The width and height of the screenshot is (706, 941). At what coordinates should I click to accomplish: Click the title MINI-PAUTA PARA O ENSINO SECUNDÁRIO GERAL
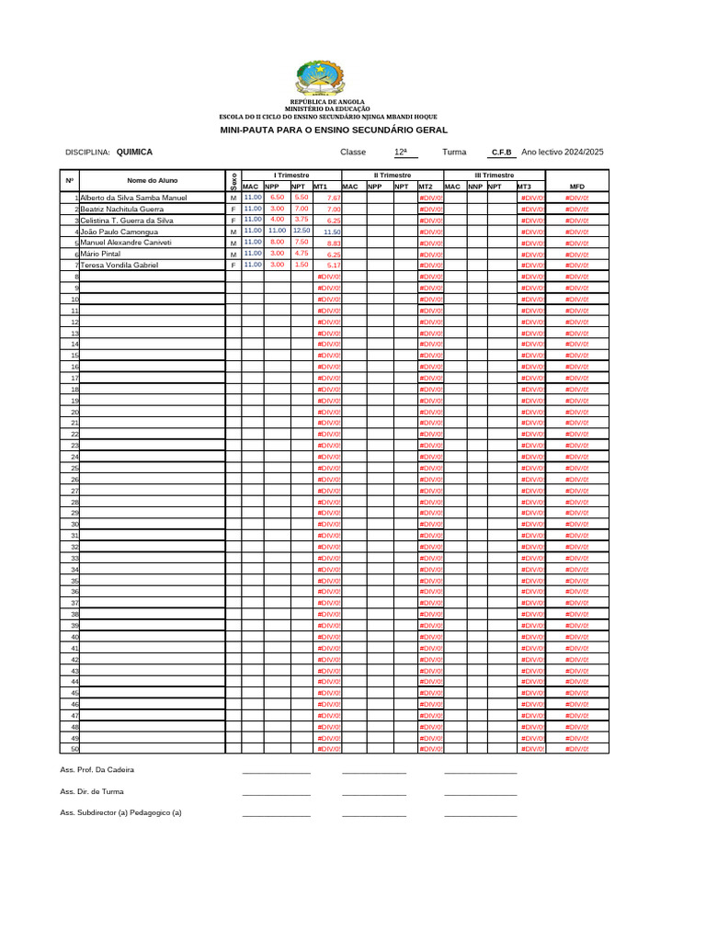pyautogui.click(x=334, y=131)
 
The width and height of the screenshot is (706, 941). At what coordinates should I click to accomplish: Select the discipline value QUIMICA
pyautogui.click(x=135, y=153)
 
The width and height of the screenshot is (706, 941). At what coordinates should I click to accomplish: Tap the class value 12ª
pyautogui.click(x=400, y=153)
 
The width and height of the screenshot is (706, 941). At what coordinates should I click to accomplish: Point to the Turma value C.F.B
pyautogui.click(x=502, y=153)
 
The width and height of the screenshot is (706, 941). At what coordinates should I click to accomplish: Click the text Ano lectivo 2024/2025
pyautogui.click(x=562, y=153)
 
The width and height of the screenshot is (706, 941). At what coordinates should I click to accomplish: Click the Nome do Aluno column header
pyautogui.click(x=153, y=180)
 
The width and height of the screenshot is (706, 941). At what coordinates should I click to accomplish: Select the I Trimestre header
pyautogui.click(x=291, y=175)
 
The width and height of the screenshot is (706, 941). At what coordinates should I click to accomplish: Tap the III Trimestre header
pyautogui.click(x=495, y=175)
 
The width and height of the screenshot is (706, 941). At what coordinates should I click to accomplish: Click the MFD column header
pyautogui.click(x=577, y=187)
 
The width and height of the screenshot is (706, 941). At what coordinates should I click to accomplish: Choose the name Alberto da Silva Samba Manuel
pyautogui.click(x=133, y=198)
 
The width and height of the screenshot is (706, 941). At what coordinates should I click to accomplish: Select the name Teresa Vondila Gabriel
pyautogui.click(x=120, y=266)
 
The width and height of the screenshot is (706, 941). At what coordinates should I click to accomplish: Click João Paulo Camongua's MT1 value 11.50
pyautogui.click(x=332, y=232)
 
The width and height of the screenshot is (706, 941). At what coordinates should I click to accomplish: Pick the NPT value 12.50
pyautogui.click(x=302, y=231)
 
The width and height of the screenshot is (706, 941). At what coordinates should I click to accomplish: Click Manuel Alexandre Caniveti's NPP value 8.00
pyautogui.click(x=277, y=242)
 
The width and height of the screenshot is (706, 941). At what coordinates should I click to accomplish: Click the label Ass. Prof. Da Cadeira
pyautogui.click(x=103, y=769)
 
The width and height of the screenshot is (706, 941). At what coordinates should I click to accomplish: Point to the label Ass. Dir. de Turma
pyautogui.click(x=92, y=791)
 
